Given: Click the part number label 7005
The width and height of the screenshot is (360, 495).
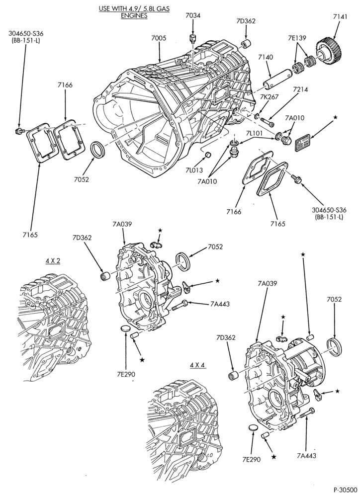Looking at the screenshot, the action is click(x=159, y=38).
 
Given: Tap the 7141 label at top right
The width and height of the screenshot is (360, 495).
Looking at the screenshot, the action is click(x=340, y=17).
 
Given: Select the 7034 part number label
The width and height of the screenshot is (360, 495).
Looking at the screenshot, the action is click(x=193, y=15).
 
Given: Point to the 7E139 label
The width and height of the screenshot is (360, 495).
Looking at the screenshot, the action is click(x=297, y=38).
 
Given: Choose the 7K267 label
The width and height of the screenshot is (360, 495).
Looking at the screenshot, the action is click(x=270, y=97).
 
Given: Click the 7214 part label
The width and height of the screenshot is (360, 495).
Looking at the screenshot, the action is click(x=300, y=89).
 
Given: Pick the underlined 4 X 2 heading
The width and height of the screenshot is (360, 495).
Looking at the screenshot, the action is click(x=53, y=261).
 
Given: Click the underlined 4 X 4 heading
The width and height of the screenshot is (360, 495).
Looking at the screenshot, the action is click(x=198, y=365).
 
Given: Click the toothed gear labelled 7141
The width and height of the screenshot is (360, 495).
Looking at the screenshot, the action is click(x=329, y=52).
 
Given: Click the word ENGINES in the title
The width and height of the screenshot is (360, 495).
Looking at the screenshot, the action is click(x=134, y=15).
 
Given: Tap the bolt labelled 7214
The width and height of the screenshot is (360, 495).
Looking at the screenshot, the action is click(x=267, y=121).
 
